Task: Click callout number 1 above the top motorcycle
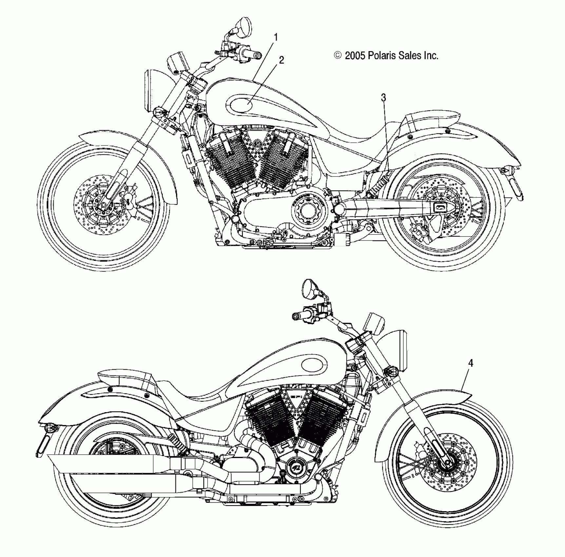[x=276, y=38]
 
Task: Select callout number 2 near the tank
[x=281, y=60]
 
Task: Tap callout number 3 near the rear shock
[x=383, y=98]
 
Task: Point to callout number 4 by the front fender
[x=470, y=363]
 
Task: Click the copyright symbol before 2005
[x=338, y=56]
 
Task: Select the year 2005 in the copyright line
[x=355, y=56]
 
